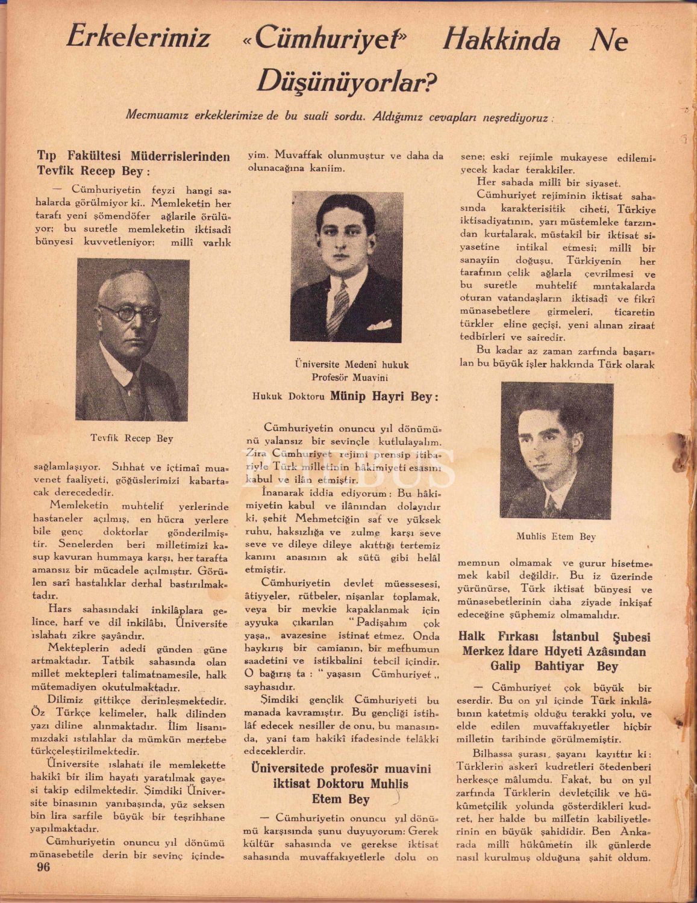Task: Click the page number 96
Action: [43, 867]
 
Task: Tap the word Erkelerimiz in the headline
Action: [138, 38]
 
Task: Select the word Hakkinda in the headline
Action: [501, 40]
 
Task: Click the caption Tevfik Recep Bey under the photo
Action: [132, 439]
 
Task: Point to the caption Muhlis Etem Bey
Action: [555, 536]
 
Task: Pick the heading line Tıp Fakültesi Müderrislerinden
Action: [133, 157]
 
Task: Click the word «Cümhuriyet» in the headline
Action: [326, 39]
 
